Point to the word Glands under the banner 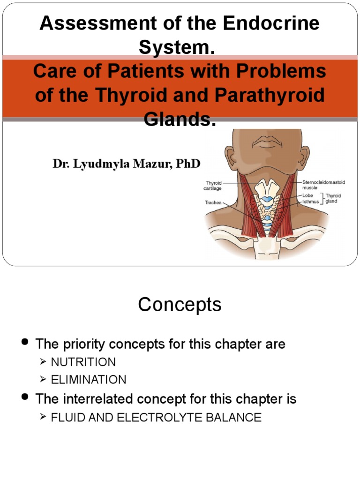180,119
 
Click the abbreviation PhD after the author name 188,164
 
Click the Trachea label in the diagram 213,203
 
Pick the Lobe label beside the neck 307,195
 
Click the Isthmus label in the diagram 310,202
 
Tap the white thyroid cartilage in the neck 266,189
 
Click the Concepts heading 180,305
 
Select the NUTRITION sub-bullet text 83,362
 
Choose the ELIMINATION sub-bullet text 89,380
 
